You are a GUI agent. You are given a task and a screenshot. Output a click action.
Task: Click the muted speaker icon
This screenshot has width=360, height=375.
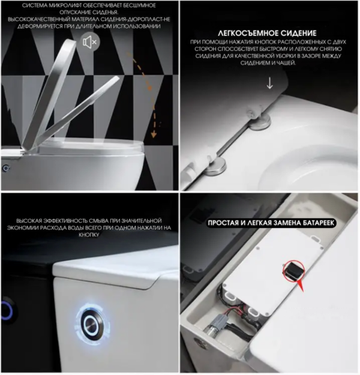89,42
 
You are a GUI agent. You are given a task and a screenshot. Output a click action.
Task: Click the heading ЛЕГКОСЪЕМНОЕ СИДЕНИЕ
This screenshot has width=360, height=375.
259,34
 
